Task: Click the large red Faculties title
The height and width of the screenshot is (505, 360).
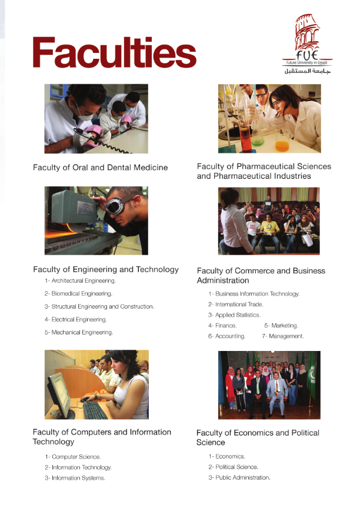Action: coord(115,52)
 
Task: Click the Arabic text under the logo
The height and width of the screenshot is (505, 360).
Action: coord(307,71)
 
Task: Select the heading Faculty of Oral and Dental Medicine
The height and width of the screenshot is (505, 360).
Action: coord(100,168)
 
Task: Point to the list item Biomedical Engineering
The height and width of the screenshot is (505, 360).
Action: coord(78,294)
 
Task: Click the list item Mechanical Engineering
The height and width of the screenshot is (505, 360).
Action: coord(79,332)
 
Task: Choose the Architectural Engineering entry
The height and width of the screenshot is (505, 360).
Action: coord(80,281)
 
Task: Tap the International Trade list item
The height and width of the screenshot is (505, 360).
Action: coord(236,305)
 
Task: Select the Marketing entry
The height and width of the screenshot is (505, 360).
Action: coord(281,326)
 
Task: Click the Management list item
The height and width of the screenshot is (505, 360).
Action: coord(283,336)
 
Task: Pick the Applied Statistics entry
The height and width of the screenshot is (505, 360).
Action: coord(234,315)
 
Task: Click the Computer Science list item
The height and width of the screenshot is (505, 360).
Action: coord(73,457)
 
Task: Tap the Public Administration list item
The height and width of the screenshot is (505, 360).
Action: coord(239,477)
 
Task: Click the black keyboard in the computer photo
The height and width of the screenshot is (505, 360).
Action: coord(95,409)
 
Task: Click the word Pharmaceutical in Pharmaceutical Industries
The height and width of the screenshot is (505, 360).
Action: coord(237,176)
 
